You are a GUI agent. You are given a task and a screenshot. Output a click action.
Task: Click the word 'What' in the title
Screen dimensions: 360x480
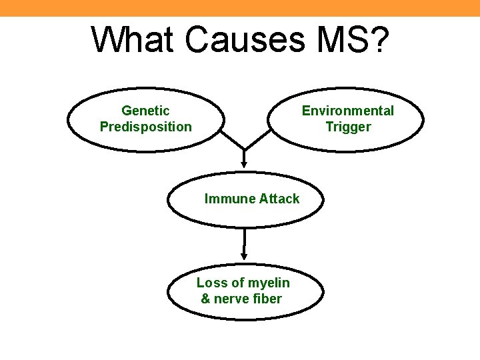point(133,41)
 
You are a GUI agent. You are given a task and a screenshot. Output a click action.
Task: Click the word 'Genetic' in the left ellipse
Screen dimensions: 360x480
point(145,111)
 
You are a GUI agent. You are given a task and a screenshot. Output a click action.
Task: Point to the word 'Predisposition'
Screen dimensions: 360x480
point(145,127)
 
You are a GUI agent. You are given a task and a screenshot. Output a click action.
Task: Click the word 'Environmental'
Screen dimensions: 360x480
point(347,111)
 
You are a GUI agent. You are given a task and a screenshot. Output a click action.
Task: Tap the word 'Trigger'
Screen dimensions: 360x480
point(347,127)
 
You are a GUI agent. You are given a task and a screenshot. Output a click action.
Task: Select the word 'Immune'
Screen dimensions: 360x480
point(227,199)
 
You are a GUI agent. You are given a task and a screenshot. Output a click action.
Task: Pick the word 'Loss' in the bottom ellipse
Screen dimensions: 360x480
point(211,283)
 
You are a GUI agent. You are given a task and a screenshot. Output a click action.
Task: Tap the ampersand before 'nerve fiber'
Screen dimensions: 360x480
point(206,299)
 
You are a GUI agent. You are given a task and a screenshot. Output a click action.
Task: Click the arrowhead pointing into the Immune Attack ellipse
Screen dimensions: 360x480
point(244,162)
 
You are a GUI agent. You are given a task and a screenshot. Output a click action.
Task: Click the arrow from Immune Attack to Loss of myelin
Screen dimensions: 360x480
point(245,243)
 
